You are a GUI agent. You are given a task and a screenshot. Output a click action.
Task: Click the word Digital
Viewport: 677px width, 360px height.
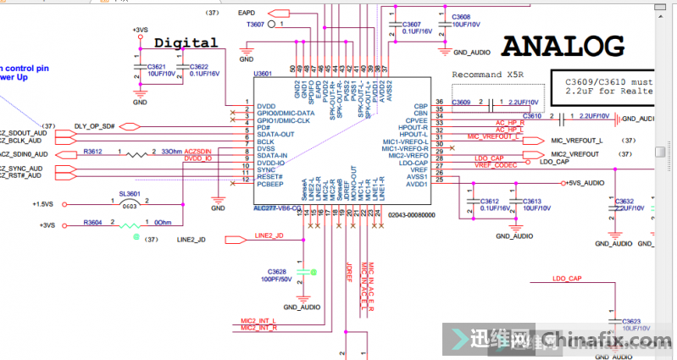[x=186, y=42]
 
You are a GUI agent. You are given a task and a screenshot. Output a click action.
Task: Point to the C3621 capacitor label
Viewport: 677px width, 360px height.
[x=157, y=67]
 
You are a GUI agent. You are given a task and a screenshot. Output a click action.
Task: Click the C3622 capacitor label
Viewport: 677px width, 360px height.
[x=199, y=67]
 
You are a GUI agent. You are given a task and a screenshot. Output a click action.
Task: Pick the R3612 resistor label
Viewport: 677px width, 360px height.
[x=93, y=152]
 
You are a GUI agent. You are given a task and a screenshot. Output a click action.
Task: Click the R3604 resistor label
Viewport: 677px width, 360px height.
[x=93, y=222]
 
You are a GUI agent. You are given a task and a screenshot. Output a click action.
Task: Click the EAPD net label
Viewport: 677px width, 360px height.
[x=248, y=14]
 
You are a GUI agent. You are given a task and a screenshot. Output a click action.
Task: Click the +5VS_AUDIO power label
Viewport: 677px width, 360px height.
[x=585, y=183]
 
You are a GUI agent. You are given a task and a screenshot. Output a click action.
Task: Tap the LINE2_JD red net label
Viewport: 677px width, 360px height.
[x=268, y=235]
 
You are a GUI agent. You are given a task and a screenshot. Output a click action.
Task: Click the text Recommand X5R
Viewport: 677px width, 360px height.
[x=487, y=75]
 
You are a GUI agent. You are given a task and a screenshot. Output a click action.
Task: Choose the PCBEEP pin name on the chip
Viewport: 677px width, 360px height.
[x=269, y=184]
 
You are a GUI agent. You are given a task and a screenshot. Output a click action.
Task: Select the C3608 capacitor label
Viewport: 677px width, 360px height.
[x=461, y=17]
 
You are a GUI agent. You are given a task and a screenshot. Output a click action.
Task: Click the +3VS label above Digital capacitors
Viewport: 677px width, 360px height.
[x=140, y=30]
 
